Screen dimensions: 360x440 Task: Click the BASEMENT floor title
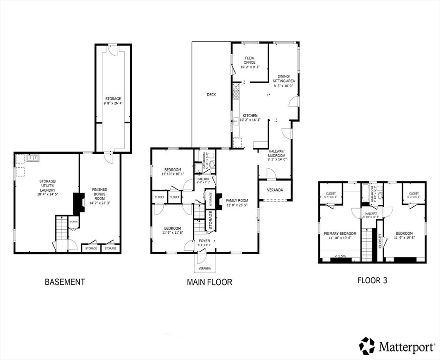pyautogui.click(x=65, y=282)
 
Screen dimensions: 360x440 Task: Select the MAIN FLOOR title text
pyautogui.click(x=209, y=282)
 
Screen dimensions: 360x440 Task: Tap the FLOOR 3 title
pyautogui.click(x=372, y=280)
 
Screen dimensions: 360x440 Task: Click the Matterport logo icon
pyautogui.click(x=367, y=345)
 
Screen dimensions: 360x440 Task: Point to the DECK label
pyautogui.click(x=211, y=95)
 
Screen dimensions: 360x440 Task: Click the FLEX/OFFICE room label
pyautogui.click(x=250, y=60)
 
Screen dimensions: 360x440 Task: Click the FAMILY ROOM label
pyautogui.click(x=237, y=200)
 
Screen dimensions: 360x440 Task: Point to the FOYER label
pyautogui.click(x=205, y=241)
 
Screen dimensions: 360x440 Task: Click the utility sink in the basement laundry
pyautogui.click(x=32, y=158)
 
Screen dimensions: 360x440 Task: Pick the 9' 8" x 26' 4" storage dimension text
pyautogui.click(x=113, y=103)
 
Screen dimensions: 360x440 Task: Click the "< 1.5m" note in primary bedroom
pyautogui.click(x=341, y=256)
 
